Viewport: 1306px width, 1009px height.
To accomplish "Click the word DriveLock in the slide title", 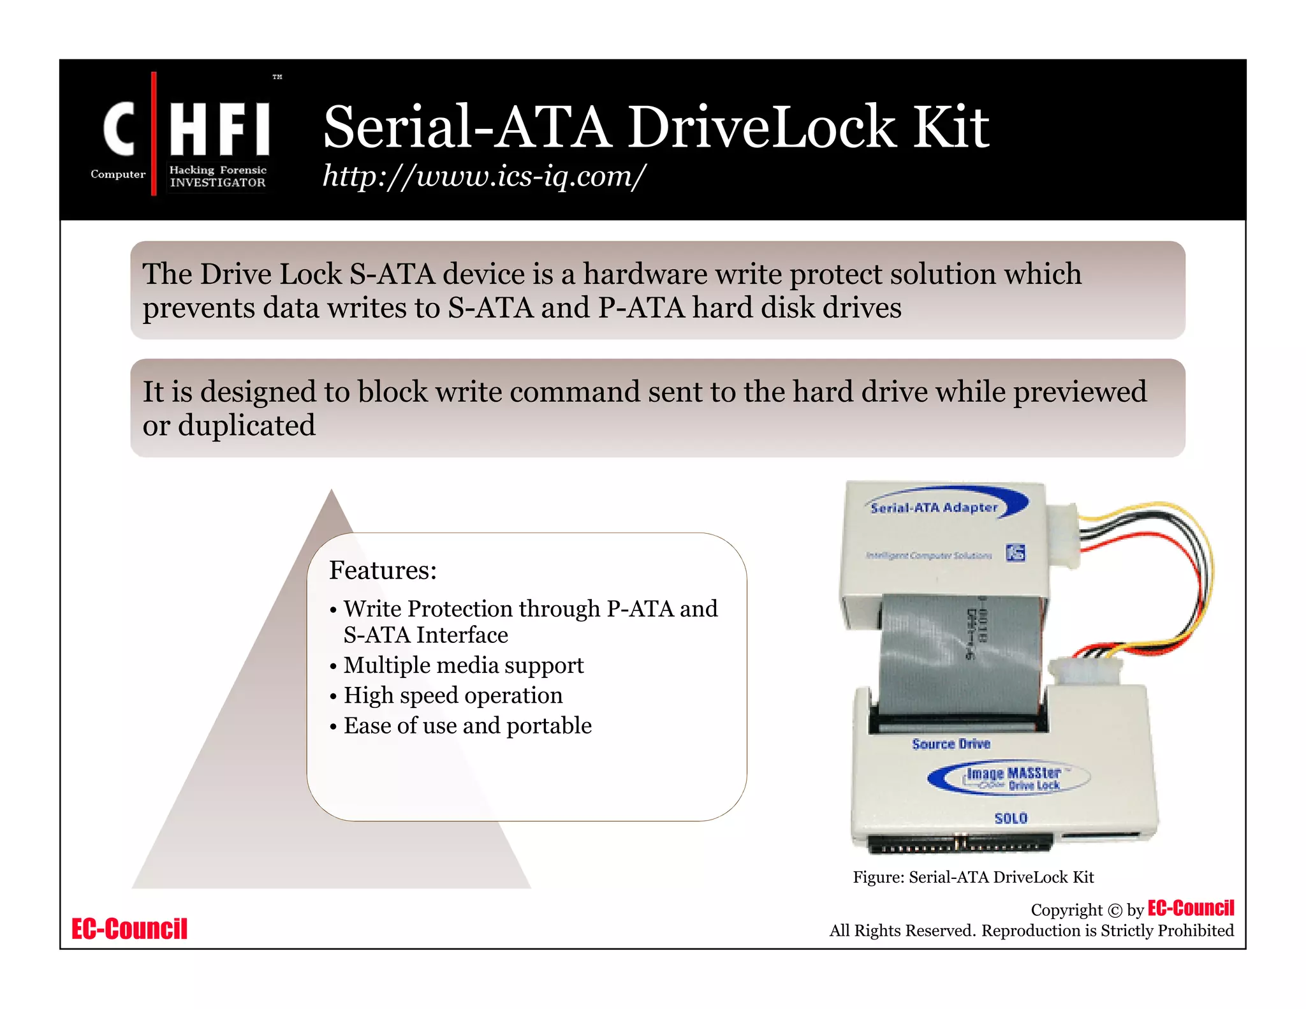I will click(x=762, y=127).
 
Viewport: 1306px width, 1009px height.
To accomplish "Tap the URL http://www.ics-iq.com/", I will click(x=484, y=175).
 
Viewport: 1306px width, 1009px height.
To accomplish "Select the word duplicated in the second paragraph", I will click(x=246, y=425).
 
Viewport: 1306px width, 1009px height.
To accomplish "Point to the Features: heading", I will click(x=383, y=570).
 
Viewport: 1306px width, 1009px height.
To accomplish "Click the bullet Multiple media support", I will click(x=463, y=665).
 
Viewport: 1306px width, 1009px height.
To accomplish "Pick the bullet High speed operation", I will click(x=453, y=695).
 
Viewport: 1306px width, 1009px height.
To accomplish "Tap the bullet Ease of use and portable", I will click(x=467, y=726).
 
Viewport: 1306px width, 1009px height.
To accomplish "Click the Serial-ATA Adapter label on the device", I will click(x=934, y=508).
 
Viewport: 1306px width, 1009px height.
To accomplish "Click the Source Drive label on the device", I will click(x=951, y=744).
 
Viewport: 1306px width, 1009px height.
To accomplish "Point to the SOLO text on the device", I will click(x=1011, y=818).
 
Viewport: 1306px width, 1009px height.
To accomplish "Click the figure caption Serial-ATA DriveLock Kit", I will click(x=973, y=878).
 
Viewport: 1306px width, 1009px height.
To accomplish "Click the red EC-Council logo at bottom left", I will click(x=129, y=929).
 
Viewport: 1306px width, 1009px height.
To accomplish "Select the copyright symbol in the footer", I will click(x=1114, y=911).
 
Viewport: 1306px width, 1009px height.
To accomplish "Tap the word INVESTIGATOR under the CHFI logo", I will click(x=217, y=182).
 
